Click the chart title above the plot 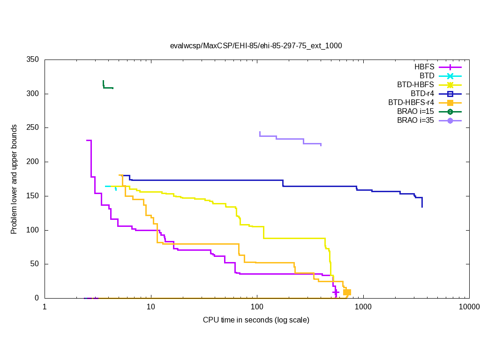pos(256,46)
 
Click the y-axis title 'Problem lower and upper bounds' pos(15,180)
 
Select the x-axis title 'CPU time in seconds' pos(256,320)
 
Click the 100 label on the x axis pos(257,307)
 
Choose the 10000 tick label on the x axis pos(469,307)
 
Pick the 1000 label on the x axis pos(363,307)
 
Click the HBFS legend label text pos(424,67)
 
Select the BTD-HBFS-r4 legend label pos(411,103)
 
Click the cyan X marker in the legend pos(450,76)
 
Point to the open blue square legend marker pos(450,94)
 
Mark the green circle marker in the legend pos(450,112)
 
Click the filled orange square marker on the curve pos(347,292)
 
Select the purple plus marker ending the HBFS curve pos(336,292)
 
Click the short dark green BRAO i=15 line pos(108,88)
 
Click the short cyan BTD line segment pos(109,186)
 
